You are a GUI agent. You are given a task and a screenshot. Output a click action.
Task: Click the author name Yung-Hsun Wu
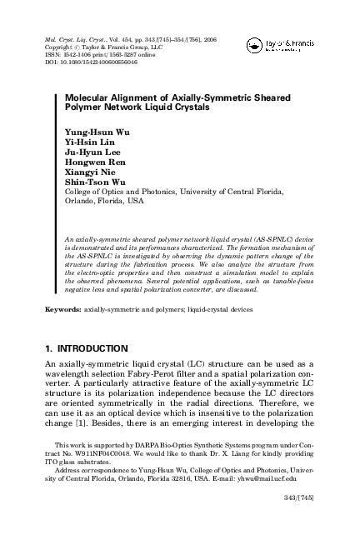92,132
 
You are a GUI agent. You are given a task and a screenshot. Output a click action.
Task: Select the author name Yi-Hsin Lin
87,143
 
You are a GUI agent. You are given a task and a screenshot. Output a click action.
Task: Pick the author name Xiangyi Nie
87,178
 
